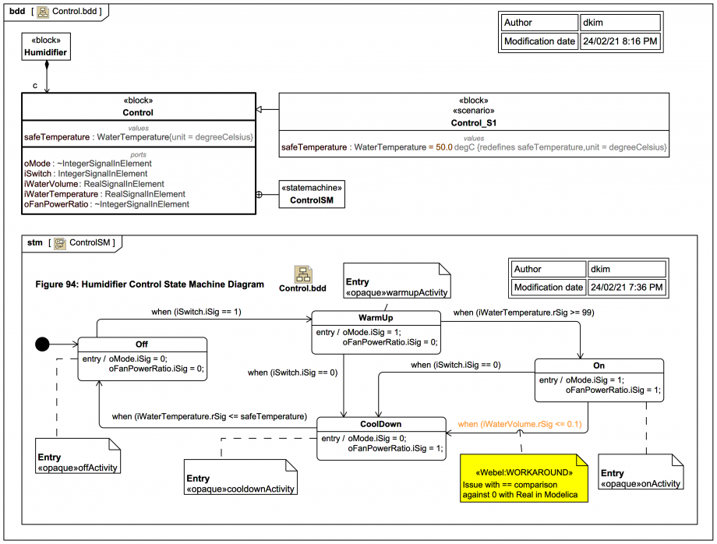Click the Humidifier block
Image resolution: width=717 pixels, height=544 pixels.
click(x=46, y=47)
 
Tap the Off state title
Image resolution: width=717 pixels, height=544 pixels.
click(x=142, y=344)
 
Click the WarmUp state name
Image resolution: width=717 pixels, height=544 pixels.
click(x=376, y=318)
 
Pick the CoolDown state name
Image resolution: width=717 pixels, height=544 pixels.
click(x=381, y=424)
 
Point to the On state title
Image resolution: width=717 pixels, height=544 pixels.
click(x=599, y=365)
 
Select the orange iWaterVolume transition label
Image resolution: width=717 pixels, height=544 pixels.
click(x=520, y=424)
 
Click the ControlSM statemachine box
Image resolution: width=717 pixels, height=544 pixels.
click(x=311, y=194)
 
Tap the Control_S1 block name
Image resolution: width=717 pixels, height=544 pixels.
click(x=474, y=123)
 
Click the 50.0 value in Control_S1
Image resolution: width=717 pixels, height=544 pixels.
click(x=441, y=147)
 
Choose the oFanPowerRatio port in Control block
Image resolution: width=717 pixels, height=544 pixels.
click(x=107, y=204)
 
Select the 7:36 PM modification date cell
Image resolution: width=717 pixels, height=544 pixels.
click(x=626, y=287)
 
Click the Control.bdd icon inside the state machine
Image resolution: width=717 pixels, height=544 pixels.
click(x=302, y=275)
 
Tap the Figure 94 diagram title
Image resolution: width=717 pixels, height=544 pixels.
click(x=150, y=284)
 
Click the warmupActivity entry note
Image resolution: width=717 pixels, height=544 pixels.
click(x=397, y=287)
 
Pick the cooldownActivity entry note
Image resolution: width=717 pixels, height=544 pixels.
click(x=240, y=483)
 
